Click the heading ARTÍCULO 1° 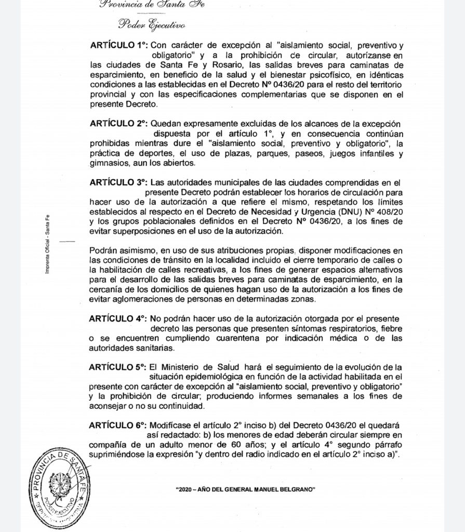[119, 46]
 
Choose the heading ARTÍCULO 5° [119, 367]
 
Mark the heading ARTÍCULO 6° [119, 425]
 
